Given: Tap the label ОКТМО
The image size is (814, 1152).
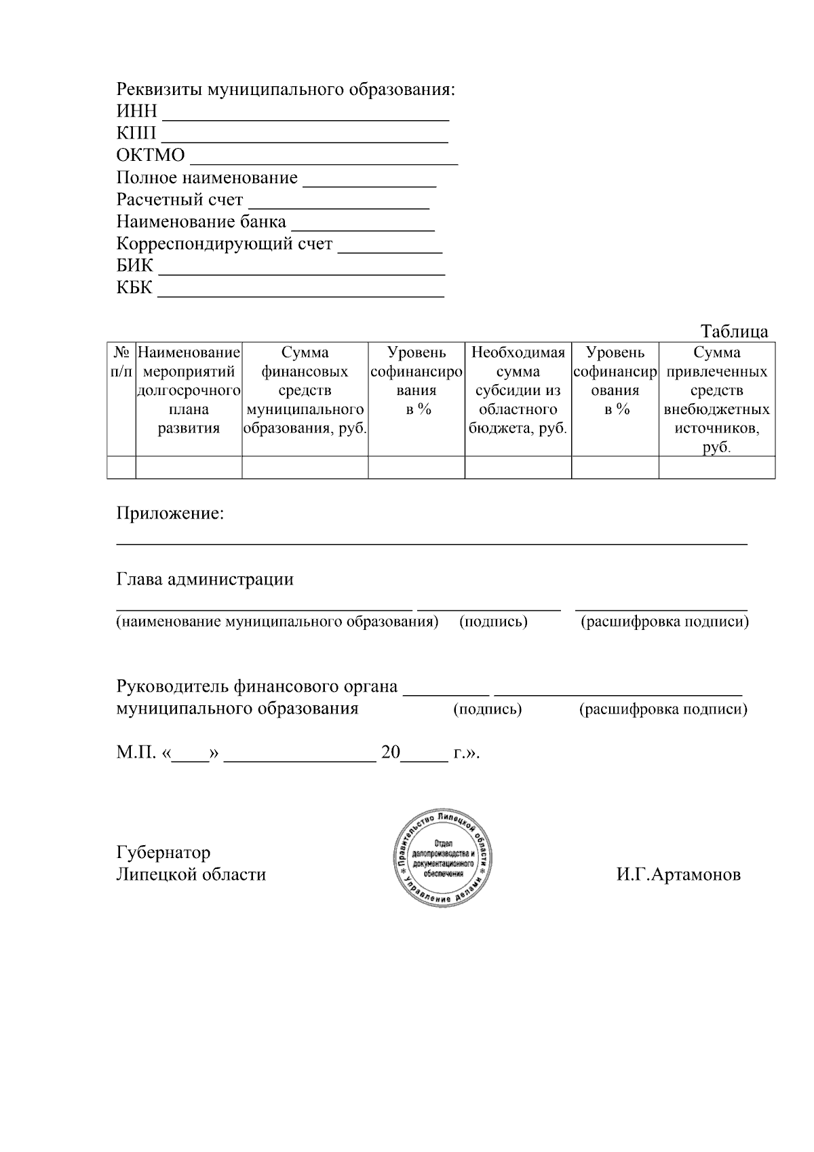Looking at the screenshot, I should pyautogui.click(x=151, y=155).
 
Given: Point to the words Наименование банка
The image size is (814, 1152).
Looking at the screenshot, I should pyautogui.click(x=201, y=222).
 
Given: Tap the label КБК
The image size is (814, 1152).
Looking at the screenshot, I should pyautogui.click(x=134, y=287).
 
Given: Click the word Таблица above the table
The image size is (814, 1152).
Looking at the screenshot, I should pyautogui.click(x=735, y=331).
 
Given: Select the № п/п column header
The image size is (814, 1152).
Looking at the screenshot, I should pyautogui.click(x=121, y=363).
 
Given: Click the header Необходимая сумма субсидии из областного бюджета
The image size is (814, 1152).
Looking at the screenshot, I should pyautogui.click(x=518, y=390).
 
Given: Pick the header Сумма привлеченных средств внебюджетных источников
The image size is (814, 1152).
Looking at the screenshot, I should pyautogui.click(x=717, y=400).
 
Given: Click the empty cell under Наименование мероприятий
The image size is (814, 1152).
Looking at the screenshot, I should pyautogui.click(x=189, y=467).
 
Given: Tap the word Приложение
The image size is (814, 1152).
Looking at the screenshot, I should pyautogui.click(x=170, y=513).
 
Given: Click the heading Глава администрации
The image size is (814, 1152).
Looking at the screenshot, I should pyautogui.click(x=205, y=579).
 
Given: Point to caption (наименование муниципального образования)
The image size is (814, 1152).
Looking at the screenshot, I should pyautogui.click(x=277, y=622).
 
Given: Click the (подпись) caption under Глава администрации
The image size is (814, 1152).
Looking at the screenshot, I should pyautogui.click(x=493, y=622).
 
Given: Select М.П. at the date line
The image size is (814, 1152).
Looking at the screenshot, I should pyautogui.click(x=136, y=753).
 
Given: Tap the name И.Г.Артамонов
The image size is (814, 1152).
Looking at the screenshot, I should pyautogui.click(x=678, y=874).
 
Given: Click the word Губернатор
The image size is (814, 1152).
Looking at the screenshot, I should pyautogui.click(x=163, y=852).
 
